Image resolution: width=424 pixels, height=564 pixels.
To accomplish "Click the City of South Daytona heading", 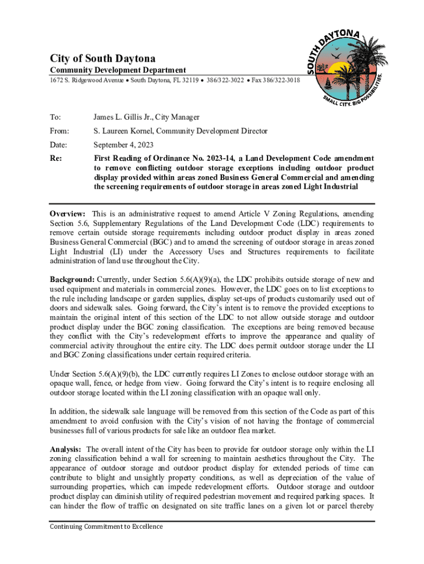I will (x=103, y=58).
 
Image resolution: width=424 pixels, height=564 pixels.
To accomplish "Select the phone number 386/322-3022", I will (x=225, y=80).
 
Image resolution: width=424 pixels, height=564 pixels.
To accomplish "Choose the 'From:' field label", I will (x=59, y=131).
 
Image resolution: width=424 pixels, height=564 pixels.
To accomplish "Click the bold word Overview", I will (x=67, y=214).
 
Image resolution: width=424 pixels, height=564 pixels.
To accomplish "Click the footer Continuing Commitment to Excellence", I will (x=106, y=527).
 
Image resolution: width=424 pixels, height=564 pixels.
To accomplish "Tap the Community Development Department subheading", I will (x=118, y=70).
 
